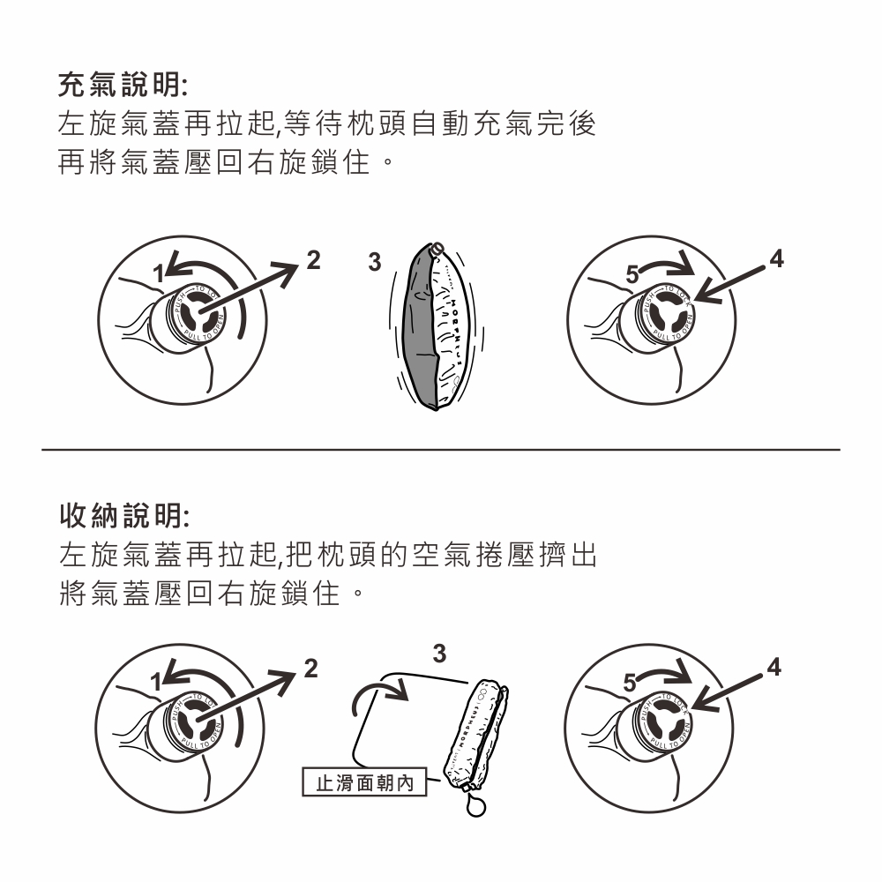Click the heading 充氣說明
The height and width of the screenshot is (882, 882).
123,86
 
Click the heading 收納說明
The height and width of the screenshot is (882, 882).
123,512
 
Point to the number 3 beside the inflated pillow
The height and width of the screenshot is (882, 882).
374,262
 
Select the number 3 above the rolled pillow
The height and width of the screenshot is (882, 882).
440,654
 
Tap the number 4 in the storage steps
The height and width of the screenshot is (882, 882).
774,668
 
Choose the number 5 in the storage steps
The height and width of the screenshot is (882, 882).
629,682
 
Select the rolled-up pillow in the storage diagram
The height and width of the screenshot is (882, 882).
477,732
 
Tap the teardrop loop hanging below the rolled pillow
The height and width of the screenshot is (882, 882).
477,806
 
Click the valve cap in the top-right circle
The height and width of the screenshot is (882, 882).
665,316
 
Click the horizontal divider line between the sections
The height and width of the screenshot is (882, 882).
441,449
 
